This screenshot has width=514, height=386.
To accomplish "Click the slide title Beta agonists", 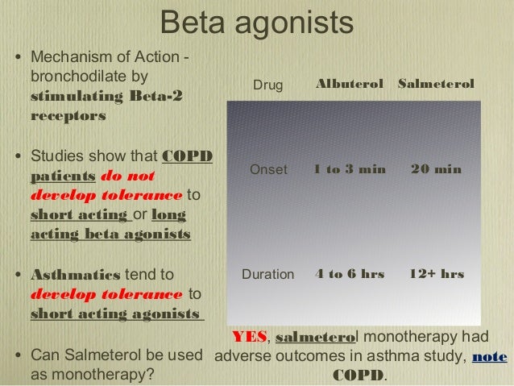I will point(257,23).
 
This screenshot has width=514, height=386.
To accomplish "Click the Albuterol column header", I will point(349,85).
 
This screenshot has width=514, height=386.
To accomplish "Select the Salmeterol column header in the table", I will point(435,85).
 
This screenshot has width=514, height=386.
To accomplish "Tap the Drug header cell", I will point(268,85).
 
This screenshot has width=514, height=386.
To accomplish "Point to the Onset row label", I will point(268,170).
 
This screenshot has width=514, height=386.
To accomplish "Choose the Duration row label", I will point(268,274).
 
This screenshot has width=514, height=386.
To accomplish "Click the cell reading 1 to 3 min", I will point(350,170).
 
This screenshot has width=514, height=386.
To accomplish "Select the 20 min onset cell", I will point(436,170).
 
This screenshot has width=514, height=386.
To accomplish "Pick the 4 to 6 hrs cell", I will point(350,274).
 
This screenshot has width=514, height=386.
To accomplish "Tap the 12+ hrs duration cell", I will point(436,274).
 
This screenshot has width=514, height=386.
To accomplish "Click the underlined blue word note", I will point(490,356).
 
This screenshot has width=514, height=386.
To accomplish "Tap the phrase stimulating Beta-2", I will point(106,98).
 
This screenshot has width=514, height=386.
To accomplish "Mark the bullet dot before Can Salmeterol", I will point(18,356).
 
